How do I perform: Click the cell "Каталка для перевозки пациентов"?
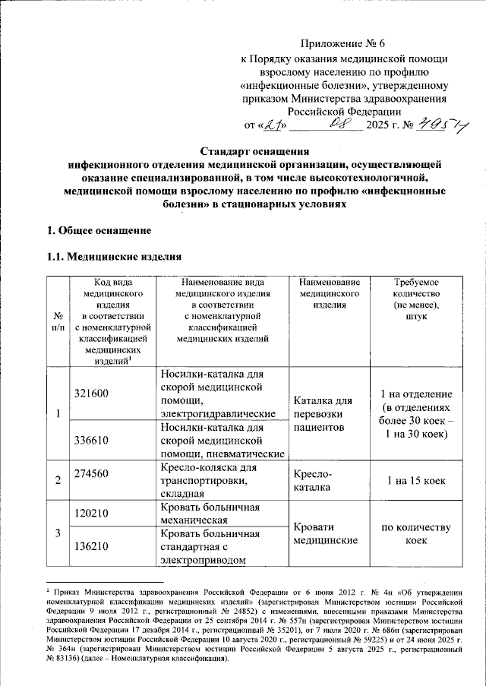click(x=323, y=414)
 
